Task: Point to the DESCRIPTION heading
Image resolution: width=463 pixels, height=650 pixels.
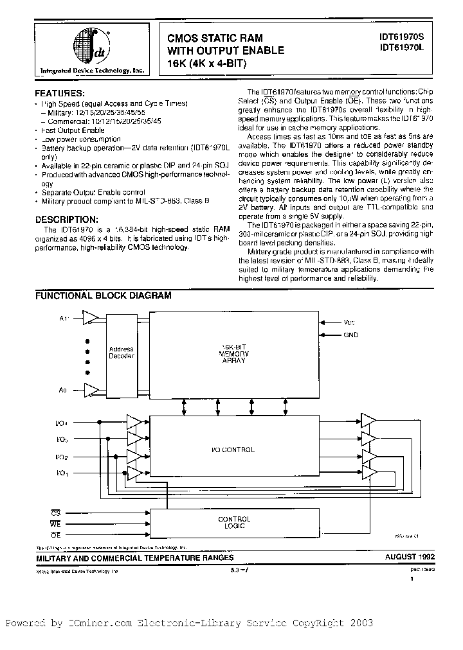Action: [71, 219]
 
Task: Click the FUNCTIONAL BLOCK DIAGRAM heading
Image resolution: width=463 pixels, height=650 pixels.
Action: [103, 296]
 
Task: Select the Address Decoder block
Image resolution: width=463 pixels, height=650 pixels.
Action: [121, 353]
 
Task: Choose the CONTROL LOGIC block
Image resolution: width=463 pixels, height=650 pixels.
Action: [234, 523]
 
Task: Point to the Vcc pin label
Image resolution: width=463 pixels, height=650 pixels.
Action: [349, 322]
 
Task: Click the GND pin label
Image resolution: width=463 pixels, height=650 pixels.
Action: [350, 335]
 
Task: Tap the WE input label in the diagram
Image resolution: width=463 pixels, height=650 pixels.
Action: [56, 523]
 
